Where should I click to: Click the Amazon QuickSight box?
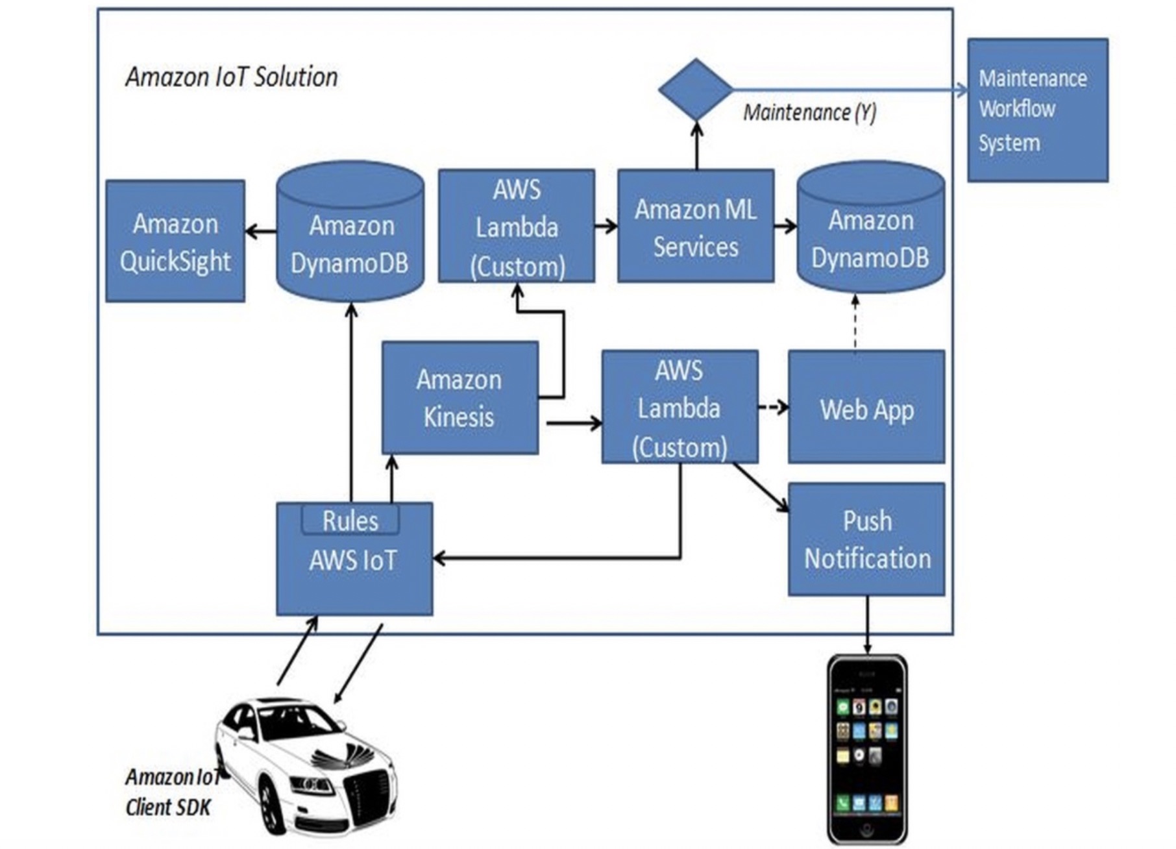(175, 241)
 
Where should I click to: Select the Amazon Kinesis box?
(459, 398)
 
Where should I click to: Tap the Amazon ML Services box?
(695, 227)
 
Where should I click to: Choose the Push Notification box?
(866, 539)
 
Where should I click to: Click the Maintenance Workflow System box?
(1037, 110)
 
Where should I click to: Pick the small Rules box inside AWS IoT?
(350, 521)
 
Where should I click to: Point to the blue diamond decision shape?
(696, 90)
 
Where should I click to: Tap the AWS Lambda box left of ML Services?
(517, 227)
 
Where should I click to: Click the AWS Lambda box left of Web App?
(680, 408)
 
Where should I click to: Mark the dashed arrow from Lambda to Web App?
(773, 408)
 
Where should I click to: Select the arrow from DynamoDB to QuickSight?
(260, 230)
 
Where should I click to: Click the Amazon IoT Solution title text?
(232, 77)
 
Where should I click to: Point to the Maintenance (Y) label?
(809, 113)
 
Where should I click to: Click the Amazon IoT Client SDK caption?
(170, 793)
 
